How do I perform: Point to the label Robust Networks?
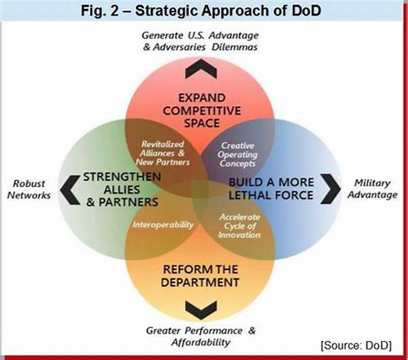pos(29,189)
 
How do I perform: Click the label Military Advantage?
pos(373,189)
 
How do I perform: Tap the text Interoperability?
pos(163,225)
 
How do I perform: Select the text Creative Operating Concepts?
pos(237,154)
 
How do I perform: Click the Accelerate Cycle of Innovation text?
pos(239,226)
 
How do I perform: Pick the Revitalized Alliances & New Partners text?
pos(163,153)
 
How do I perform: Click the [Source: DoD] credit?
pos(356,346)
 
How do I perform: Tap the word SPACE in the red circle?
pos(202,123)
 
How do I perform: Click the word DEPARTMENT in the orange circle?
pos(200,282)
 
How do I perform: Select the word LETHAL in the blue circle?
pos(248,195)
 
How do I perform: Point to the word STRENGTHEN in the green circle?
pos(122,177)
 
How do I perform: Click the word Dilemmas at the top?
pos(235,47)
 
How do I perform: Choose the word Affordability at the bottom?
pos(201,342)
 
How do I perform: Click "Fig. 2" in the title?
pos(100,11)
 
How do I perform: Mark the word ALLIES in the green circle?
pos(122,190)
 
